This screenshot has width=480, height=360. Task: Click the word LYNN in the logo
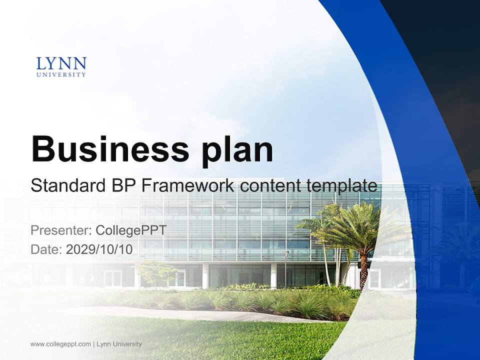(61, 64)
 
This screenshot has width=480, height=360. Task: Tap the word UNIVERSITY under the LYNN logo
(61, 75)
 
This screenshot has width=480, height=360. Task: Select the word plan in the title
(238, 149)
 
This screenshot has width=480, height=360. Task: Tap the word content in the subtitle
(267, 186)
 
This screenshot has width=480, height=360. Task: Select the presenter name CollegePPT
(130, 230)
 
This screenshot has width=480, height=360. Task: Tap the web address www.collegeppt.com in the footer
(60, 344)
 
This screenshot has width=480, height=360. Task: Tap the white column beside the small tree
(205, 275)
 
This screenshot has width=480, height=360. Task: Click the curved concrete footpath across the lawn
(200, 315)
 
